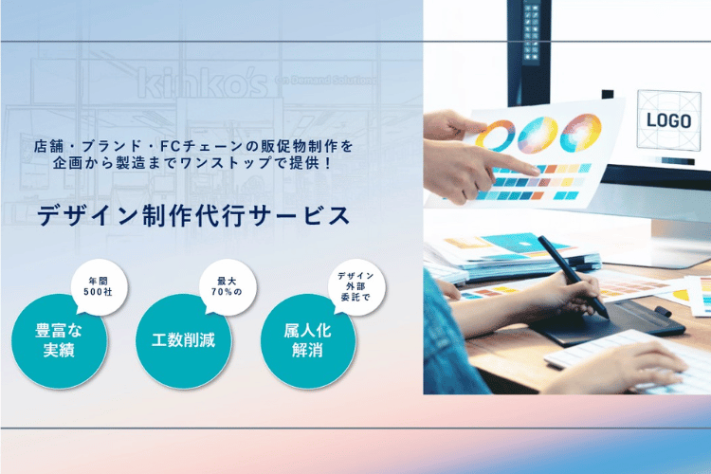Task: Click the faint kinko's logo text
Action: point(203,82)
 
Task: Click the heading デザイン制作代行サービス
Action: point(193,215)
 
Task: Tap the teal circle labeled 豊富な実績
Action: point(60,340)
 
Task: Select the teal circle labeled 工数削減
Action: point(184,340)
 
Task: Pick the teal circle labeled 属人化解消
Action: point(308,340)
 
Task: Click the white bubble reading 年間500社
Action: point(99,287)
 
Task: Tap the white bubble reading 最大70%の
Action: point(228,287)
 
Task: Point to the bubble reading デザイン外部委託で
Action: point(356,287)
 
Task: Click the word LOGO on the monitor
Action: point(669,120)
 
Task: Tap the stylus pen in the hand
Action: point(573,276)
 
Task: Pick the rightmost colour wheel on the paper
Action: point(581,132)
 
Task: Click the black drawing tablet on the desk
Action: point(613,321)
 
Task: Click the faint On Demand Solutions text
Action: point(325,81)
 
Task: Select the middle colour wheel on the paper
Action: point(538,134)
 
